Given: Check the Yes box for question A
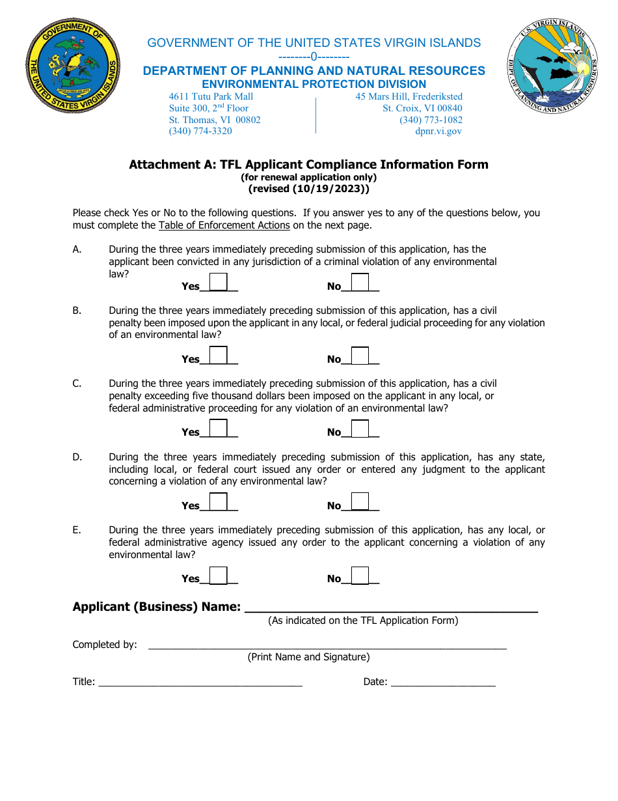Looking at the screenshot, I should (x=219, y=283).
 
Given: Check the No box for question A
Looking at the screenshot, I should (x=360, y=283).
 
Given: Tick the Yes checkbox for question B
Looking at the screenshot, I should (x=219, y=356).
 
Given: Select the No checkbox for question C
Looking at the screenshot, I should (x=360, y=429).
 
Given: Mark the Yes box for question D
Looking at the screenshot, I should (x=219, y=502).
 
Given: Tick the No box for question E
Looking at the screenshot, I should (x=360, y=575).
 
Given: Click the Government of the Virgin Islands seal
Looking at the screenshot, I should (x=73, y=66).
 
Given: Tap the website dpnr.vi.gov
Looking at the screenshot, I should (x=438, y=131).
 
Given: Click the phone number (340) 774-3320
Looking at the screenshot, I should (x=200, y=131).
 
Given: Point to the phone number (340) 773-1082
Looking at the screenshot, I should (x=431, y=120).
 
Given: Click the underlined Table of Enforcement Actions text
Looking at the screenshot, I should (x=224, y=225).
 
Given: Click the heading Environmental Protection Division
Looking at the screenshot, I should (x=314, y=84).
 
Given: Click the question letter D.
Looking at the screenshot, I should (x=77, y=457).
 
